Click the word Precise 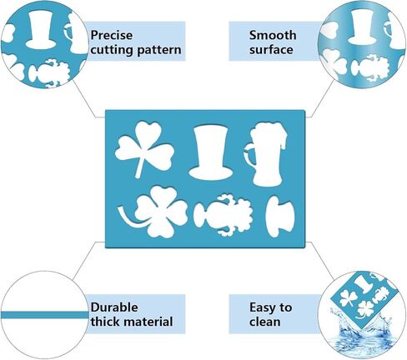point(112,35)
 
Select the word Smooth point(273,35)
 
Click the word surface point(271,50)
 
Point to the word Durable point(114,307)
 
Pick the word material point(148,322)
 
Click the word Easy point(260,307)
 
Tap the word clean point(264,322)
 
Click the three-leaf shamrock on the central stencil point(144,148)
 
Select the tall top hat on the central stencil point(210,152)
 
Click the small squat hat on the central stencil point(279,217)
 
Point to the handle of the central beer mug point(248,154)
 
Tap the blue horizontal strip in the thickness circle point(44,315)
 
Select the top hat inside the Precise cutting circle point(41,30)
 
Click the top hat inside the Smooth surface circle point(362,27)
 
